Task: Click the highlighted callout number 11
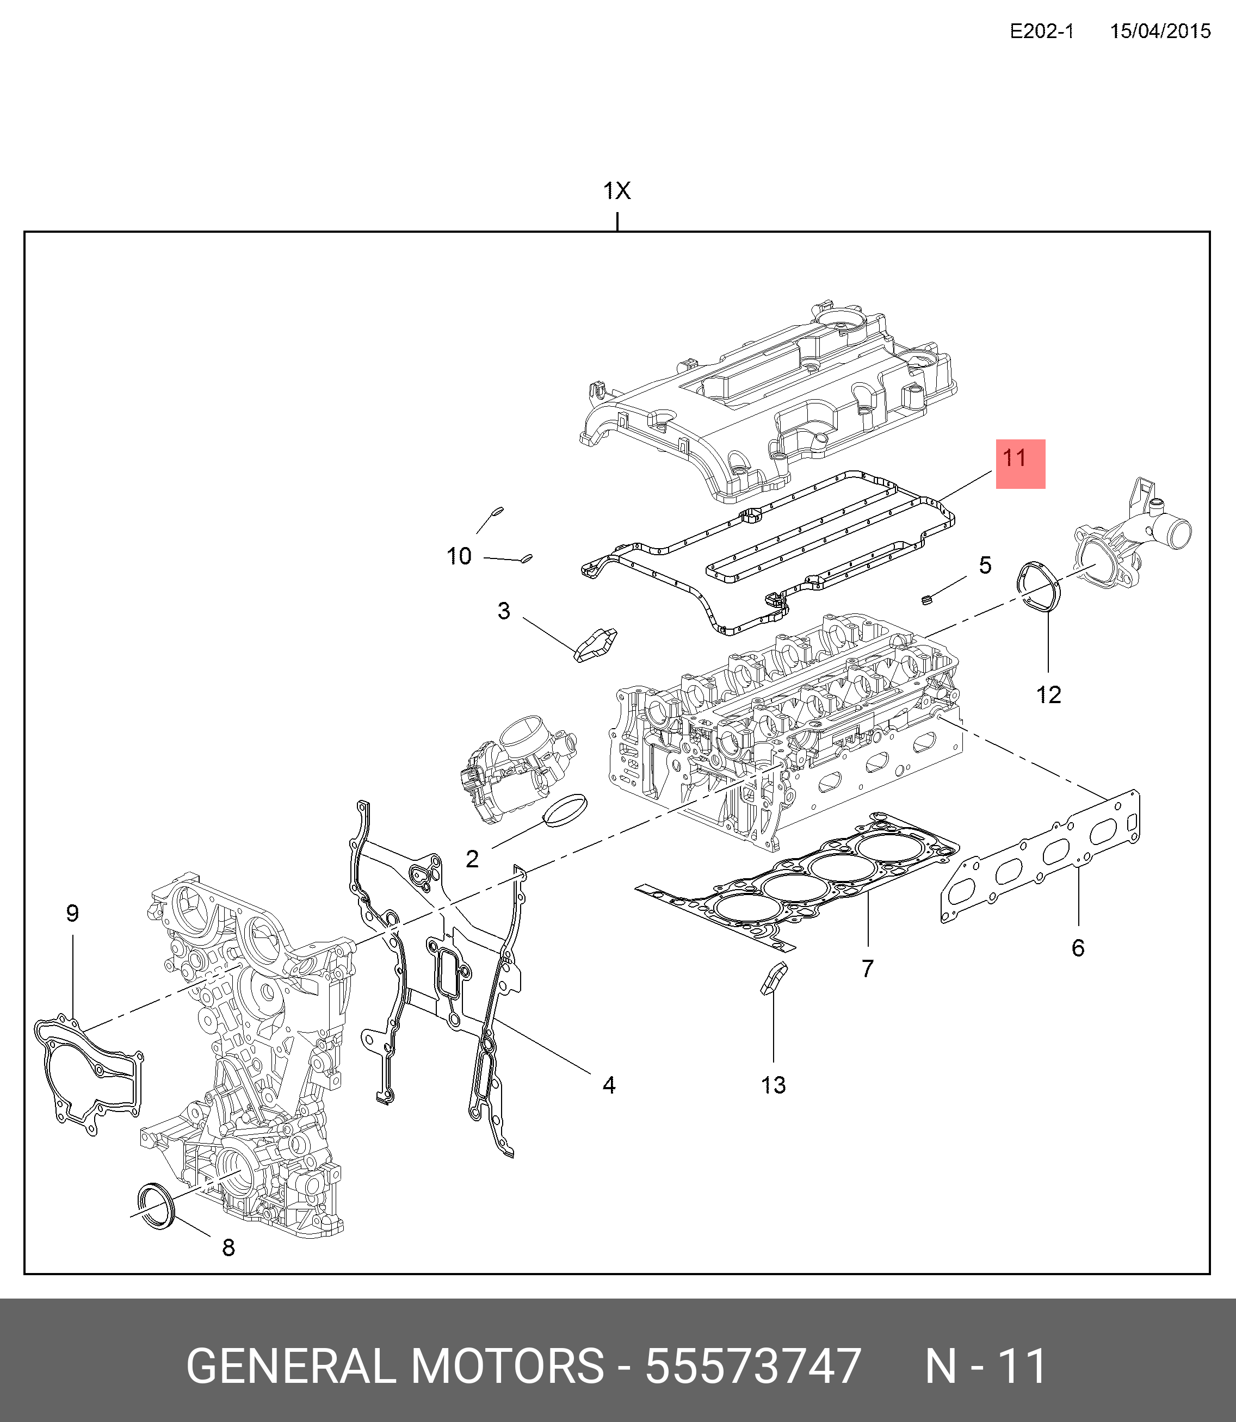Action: click(1014, 458)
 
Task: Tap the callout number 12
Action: click(1048, 695)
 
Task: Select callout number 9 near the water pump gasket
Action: click(72, 914)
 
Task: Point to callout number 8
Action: click(228, 1247)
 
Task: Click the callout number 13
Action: click(773, 1085)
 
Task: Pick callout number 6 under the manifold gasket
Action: click(1078, 948)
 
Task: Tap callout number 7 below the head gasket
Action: click(868, 968)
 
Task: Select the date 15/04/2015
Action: click(1160, 31)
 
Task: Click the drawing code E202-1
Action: click(1041, 31)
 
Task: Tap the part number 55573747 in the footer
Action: click(752, 1365)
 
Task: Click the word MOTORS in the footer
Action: click(508, 1365)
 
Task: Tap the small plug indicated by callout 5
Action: click(927, 599)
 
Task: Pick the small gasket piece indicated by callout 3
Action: click(595, 644)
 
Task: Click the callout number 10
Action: click(459, 556)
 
